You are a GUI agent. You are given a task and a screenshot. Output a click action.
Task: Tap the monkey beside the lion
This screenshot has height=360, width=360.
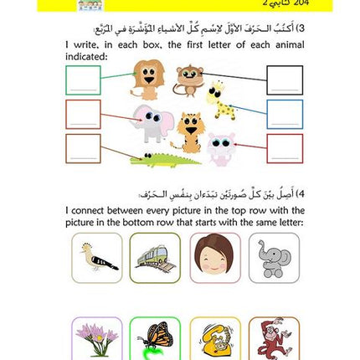(194, 71)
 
